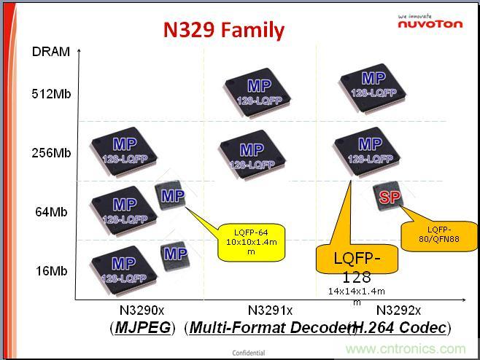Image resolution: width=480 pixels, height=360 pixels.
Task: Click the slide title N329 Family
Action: (x=223, y=30)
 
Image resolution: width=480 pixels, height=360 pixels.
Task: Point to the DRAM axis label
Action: (x=50, y=52)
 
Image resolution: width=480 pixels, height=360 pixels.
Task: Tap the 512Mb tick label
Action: (x=51, y=94)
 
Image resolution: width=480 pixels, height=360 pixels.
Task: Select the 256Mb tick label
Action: (x=51, y=153)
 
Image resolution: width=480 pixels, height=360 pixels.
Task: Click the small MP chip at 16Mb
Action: (x=174, y=254)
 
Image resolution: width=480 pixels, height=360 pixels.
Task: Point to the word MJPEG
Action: (x=143, y=328)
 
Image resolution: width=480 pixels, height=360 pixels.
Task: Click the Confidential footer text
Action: (x=249, y=353)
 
